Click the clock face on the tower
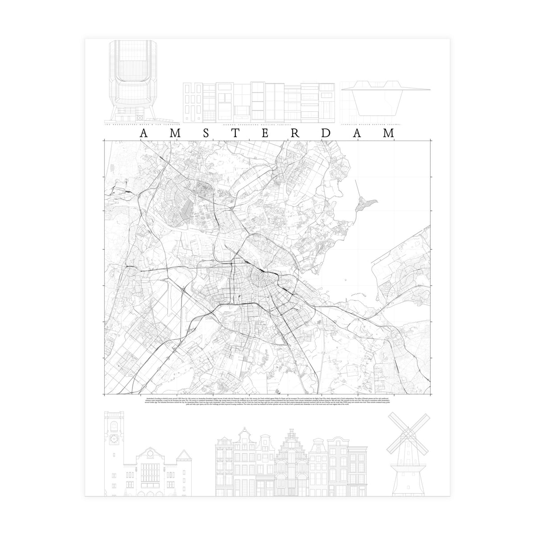click(111, 439)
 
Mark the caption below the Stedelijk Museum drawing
click(371, 124)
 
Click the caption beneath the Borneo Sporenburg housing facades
click(260, 124)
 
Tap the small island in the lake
click(366, 205)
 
